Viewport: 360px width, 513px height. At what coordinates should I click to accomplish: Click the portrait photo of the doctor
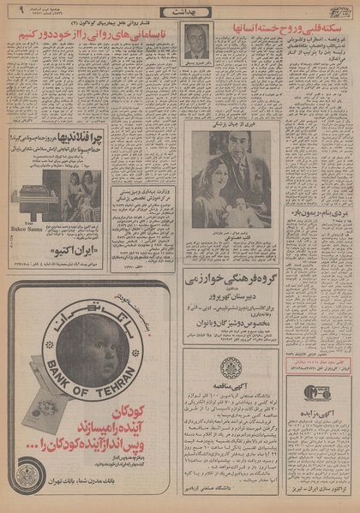(x=197, y=40)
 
